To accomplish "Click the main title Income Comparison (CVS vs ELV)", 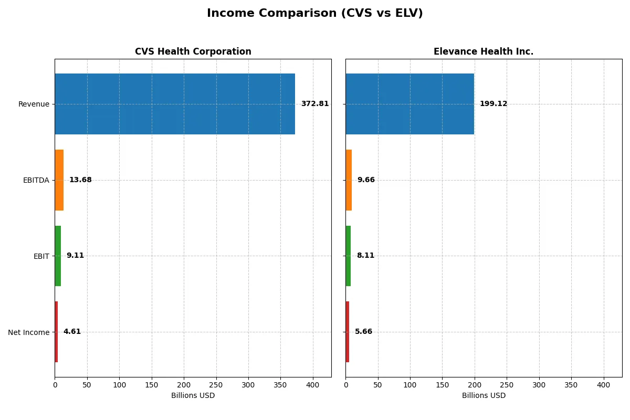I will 314,14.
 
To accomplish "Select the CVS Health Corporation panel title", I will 193,52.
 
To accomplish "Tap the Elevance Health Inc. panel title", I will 483,52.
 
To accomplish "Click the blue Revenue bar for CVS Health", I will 175,104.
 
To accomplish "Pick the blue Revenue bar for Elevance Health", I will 409,104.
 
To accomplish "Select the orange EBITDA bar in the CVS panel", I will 59,180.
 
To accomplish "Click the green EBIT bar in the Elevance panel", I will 348,256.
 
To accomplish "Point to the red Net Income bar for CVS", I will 56,332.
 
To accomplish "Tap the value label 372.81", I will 314,104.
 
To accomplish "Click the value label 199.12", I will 493,104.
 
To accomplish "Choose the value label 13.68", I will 80,180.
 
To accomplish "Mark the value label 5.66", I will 363,332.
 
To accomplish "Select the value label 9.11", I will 75,256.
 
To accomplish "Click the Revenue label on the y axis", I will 34,104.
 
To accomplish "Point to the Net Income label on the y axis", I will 28,332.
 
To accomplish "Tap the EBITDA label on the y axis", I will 36,181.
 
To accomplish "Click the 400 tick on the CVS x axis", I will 313,385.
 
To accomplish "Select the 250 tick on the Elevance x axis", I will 507,385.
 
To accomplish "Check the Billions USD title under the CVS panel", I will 193,396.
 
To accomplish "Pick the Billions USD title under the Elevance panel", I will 484,396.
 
